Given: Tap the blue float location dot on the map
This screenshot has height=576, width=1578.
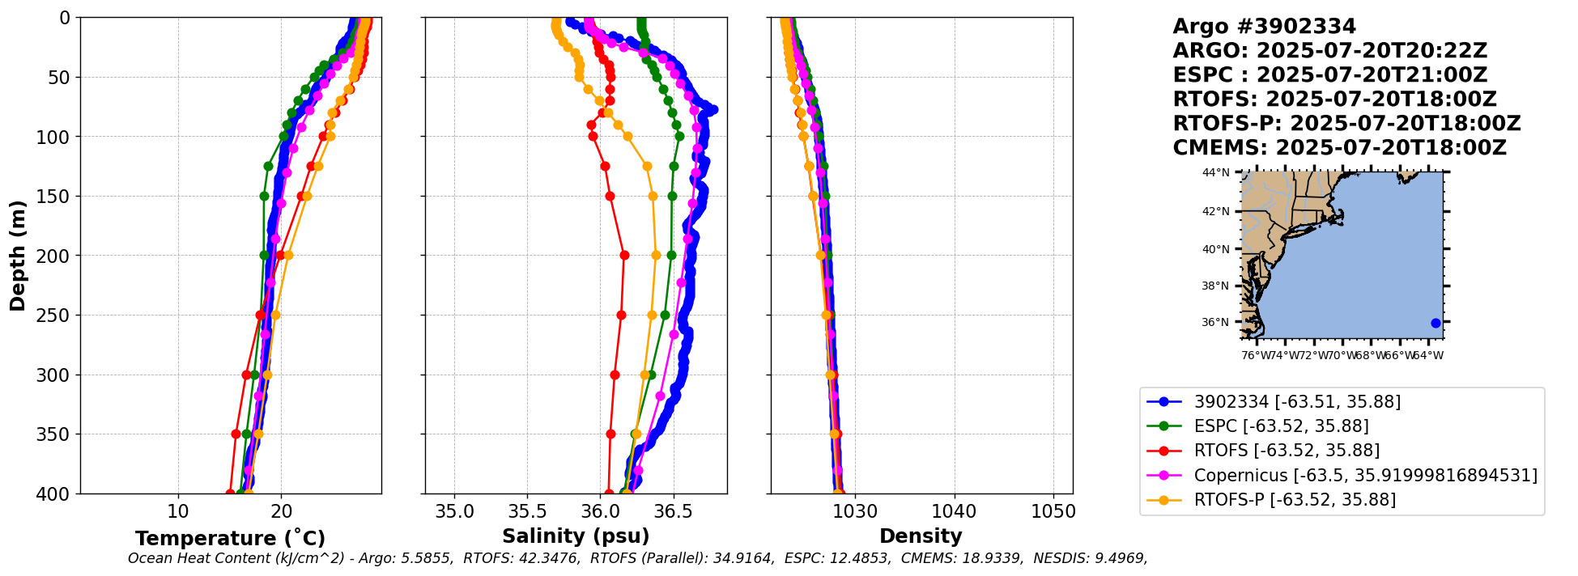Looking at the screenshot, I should tap(1436, 323).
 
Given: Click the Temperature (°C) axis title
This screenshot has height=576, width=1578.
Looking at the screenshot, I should tap(230, 538).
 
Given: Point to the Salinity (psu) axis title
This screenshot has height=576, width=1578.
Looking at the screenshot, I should tap(576, 536).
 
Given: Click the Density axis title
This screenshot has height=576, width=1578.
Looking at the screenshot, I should tap(921, 536).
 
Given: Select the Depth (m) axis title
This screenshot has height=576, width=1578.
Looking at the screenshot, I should tap(18, 256).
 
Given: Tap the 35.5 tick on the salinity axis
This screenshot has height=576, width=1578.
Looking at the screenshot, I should tap(527, 511).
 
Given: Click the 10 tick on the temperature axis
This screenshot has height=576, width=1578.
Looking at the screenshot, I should tap(178, 511).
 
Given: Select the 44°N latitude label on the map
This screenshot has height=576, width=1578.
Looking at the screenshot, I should tap(1215, 172).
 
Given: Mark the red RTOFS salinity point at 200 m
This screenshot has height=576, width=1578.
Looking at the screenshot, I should tap(624, 255).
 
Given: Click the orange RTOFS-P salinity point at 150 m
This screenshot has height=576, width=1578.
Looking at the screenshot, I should tap(653, 196).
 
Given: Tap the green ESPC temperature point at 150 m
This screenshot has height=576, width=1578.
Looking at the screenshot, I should tap(264, 196).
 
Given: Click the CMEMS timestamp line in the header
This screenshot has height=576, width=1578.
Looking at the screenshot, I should tap(1339, 148).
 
